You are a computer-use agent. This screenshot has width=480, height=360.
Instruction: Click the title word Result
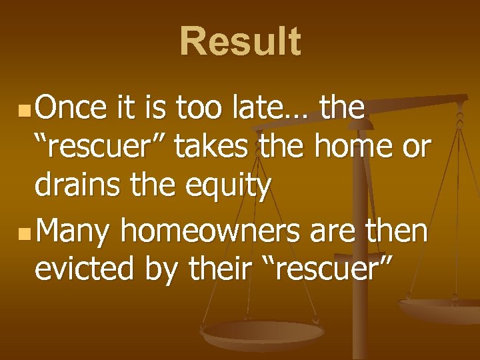tap(240, 41)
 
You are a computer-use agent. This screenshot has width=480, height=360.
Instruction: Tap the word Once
tap(71, 108)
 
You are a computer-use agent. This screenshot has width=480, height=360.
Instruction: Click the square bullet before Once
tap(24, 109)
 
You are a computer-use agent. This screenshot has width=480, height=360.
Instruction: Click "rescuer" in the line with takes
tap(103, 147)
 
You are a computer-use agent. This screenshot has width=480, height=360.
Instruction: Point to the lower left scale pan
tap(263, 333)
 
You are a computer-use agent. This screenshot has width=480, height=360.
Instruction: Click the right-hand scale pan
tap(440, 308)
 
